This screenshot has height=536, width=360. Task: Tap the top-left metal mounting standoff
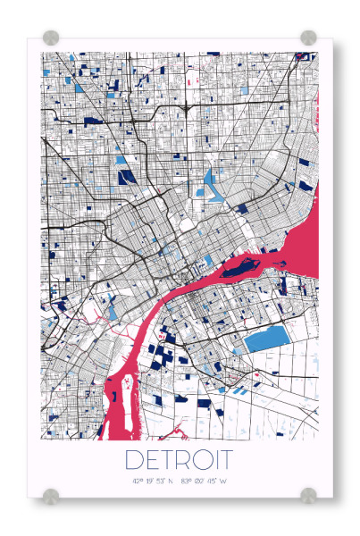point(51,38)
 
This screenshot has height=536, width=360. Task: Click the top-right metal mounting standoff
point(308,38)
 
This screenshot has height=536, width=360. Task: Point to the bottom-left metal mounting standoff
point(51,495)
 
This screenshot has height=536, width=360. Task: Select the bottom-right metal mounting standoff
point(308,495)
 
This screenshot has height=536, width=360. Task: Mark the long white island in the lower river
point(122,402)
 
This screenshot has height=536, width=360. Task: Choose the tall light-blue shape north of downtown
point(210,182)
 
